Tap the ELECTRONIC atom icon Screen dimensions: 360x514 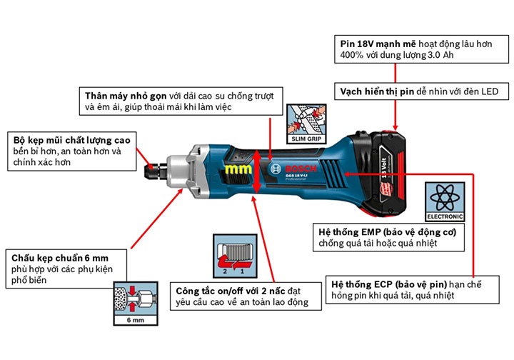(x=444, y=201)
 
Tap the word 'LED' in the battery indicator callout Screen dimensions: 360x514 (x=498, y=91)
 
